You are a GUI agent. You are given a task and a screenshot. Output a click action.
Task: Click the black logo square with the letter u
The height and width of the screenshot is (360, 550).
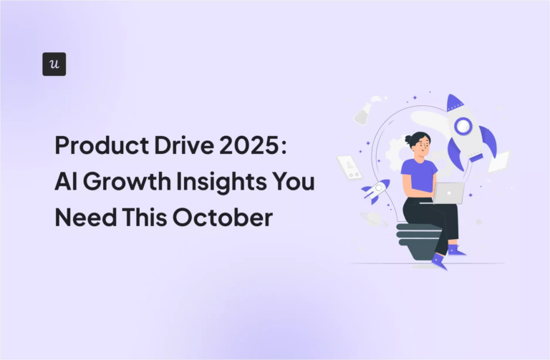(x=54, y=64)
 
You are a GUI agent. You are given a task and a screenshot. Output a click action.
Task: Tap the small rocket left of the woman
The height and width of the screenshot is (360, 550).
(x=375, y=190)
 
